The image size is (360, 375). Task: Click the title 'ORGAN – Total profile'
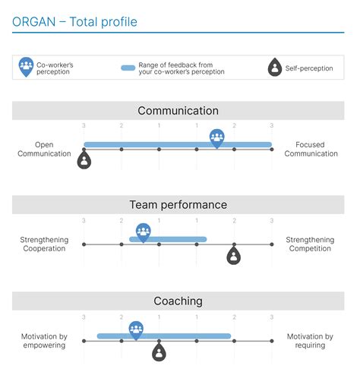[x=75, y=22]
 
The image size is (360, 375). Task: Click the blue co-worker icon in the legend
[x=27, y=67]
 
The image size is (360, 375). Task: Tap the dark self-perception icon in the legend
[x=274, y=68]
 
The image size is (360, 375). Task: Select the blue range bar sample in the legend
[x=128, y=68]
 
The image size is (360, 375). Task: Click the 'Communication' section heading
[x=178, y=111]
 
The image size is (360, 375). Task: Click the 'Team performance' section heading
[x=178, y=205]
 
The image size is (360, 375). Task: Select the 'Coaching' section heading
[x=178, y=301]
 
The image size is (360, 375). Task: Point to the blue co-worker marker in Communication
[x=217, y=137]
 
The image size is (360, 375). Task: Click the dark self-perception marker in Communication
[x=84, y=159]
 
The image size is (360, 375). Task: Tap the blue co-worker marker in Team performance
[x=143, y=232]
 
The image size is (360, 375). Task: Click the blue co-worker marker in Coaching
[x=136, y=329]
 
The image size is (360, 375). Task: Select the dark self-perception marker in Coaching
[x=158, y=351]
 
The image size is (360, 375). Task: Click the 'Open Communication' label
[x=43, y=149]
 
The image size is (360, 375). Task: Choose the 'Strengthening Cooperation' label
[x=43, y=244]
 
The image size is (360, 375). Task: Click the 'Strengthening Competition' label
[x=310, y=244]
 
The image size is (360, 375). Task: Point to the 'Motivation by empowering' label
[x=43, y=340]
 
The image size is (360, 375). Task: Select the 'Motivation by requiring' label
[x=310, y=340]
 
